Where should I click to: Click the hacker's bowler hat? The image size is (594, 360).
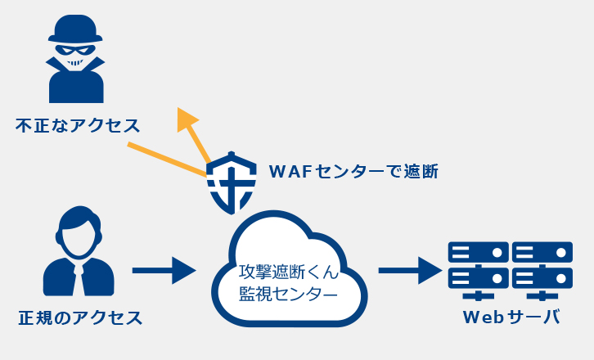tap(75, 29)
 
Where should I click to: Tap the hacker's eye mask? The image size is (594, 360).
tap(75, 50)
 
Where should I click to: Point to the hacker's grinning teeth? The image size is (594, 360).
tap(75, 63)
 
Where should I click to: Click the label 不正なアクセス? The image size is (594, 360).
tap(78, 125)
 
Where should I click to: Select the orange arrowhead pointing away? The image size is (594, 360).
tap(187, 119)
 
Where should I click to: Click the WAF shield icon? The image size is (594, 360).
tap(232, 182)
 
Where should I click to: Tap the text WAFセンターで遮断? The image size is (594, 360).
tap(353, 171)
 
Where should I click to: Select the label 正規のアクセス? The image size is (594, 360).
tap(80, 317)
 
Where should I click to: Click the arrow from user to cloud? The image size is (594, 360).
tap(164, 270)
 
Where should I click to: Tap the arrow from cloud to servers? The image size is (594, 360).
tap(410, 270)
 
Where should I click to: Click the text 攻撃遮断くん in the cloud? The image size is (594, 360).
tap(288, 272)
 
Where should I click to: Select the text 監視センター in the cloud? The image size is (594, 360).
tap(288, 294)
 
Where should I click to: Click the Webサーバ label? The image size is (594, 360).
tap(511, 317)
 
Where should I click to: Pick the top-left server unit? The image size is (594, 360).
tap(478, 252)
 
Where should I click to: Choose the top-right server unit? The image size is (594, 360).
tap(542, 252)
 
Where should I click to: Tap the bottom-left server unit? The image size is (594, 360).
tap(478, 278)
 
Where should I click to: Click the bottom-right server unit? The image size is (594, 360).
tap(542, 278)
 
